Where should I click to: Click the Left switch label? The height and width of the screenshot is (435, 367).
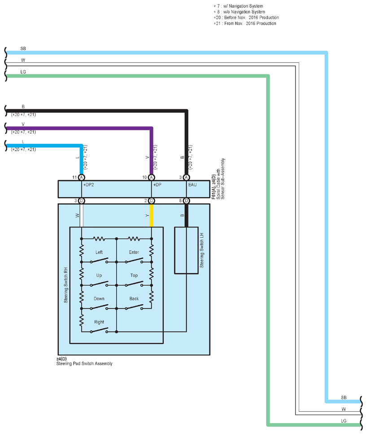point(99,252)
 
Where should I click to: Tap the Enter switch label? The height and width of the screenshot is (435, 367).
point(134,252)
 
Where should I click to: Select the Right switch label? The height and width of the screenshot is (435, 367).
point(99,322)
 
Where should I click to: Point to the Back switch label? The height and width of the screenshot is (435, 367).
point(134,298)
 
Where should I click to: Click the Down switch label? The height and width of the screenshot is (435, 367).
point(99,298)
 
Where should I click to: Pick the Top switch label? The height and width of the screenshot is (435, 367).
point(134,275)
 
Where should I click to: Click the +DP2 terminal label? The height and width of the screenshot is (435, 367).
point(89,185)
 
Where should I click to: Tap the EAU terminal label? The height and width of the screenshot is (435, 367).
point(192,185)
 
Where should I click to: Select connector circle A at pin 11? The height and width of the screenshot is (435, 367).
point(81,177)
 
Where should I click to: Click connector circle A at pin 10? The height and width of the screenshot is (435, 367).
point(151,177)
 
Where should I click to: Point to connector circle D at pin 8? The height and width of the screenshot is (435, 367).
point(187,201)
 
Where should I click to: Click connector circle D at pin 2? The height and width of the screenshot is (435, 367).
point(151,201)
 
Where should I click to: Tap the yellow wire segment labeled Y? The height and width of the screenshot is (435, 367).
point(151,215)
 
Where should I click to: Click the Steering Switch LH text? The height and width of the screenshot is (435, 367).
point(202,250)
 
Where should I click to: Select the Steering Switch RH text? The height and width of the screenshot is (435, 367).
point(66,285)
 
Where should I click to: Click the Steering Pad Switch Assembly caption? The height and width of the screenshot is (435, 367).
point(84,363)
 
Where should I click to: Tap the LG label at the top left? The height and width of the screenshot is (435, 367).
point(23,72)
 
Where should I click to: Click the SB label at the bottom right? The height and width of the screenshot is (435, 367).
point(344,397)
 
